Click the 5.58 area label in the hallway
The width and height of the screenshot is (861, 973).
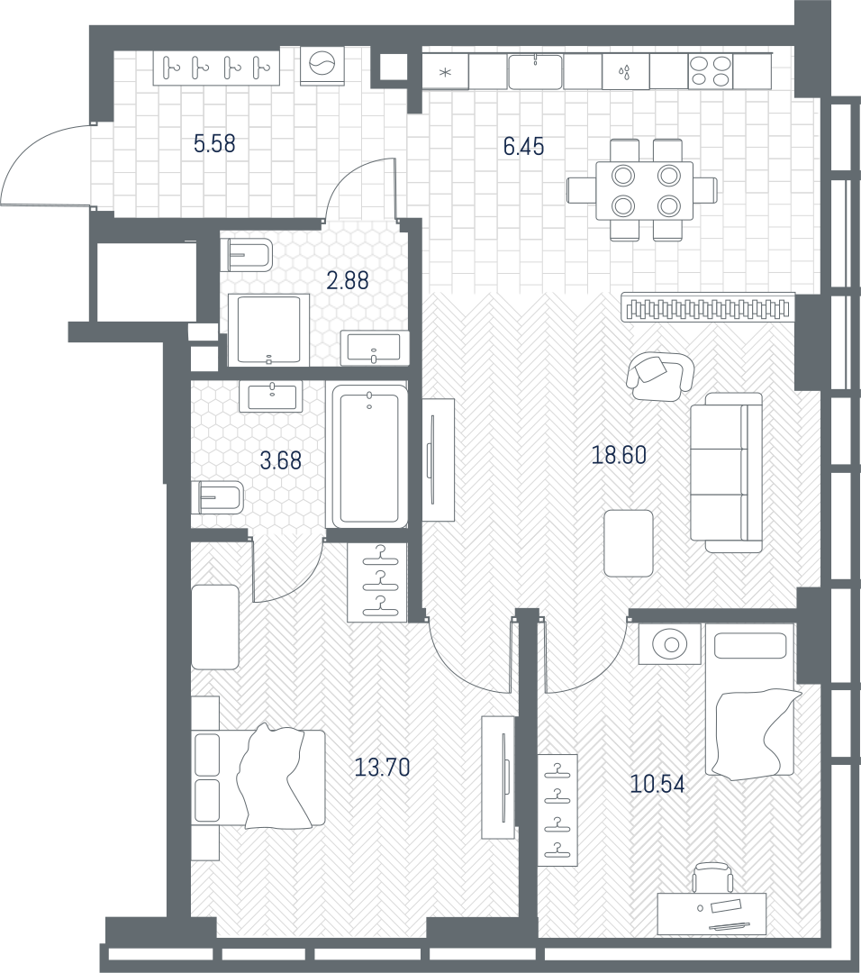[214, 144]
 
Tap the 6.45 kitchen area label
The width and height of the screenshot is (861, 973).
[523, 147]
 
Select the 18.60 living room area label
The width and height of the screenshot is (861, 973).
[619, 455]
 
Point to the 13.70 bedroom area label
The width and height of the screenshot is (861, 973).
[382, 768]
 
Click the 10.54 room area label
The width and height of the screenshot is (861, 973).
[657, 785]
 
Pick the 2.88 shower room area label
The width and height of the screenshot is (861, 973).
[348, 280]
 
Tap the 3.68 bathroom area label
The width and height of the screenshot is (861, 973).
[281, 460]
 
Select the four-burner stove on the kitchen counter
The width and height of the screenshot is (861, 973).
[711, 71]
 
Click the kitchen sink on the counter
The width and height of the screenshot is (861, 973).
[535, 71]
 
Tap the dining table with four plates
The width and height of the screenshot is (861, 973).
[645, 190]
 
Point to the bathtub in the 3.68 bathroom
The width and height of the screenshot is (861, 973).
[370, 455]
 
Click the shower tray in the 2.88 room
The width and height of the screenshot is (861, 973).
[268, 330]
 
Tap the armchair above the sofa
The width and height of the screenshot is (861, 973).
[659, 376]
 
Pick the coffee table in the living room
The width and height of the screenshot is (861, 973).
[629, 543]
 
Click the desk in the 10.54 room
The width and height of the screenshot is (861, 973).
[712, 913]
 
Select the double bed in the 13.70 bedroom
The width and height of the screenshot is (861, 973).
[258, 778]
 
